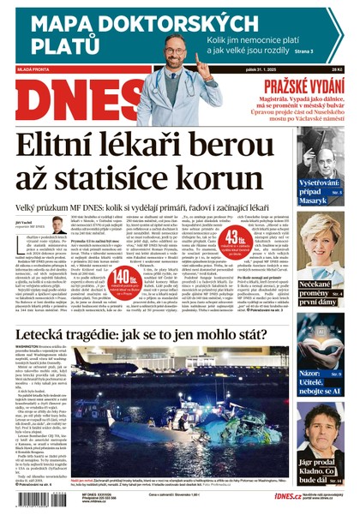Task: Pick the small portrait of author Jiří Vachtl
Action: pos(58,225)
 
